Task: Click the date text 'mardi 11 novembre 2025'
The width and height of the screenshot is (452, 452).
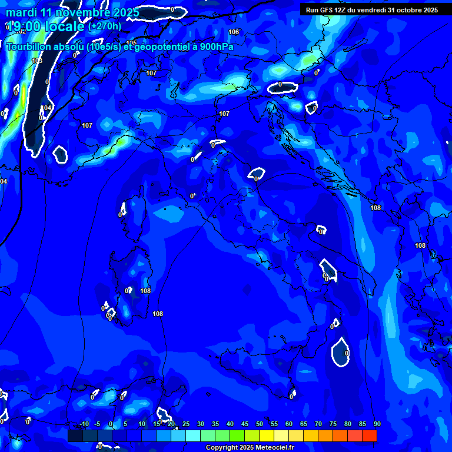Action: (x=72, y=12)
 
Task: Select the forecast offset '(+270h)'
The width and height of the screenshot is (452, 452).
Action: (x=105, y=26)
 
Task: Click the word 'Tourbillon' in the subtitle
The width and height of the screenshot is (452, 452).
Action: (x=32, y=46)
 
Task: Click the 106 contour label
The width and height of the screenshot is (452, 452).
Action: (x=234, y=32)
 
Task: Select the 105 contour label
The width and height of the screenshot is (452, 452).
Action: (x=131, y=43)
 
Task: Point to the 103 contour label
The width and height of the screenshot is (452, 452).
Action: (x=37, y=61)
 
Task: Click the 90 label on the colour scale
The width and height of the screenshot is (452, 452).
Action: (x=377, y=424)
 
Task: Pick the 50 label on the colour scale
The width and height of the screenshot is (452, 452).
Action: (x=259, y=424)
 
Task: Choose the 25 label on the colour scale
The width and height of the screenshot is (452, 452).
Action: (x=185, y=424)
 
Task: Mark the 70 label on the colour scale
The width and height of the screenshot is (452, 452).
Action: (x=318, y=424)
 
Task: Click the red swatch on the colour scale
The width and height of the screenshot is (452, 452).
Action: (x=370, y=436)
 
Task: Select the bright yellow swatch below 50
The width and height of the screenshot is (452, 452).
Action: (x=267, y=436)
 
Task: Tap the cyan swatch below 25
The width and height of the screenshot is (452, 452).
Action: (x=193, y=436)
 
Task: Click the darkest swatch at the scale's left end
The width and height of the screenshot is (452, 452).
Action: (x=75, y=436)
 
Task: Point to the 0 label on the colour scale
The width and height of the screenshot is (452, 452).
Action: (x=111, y=424)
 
